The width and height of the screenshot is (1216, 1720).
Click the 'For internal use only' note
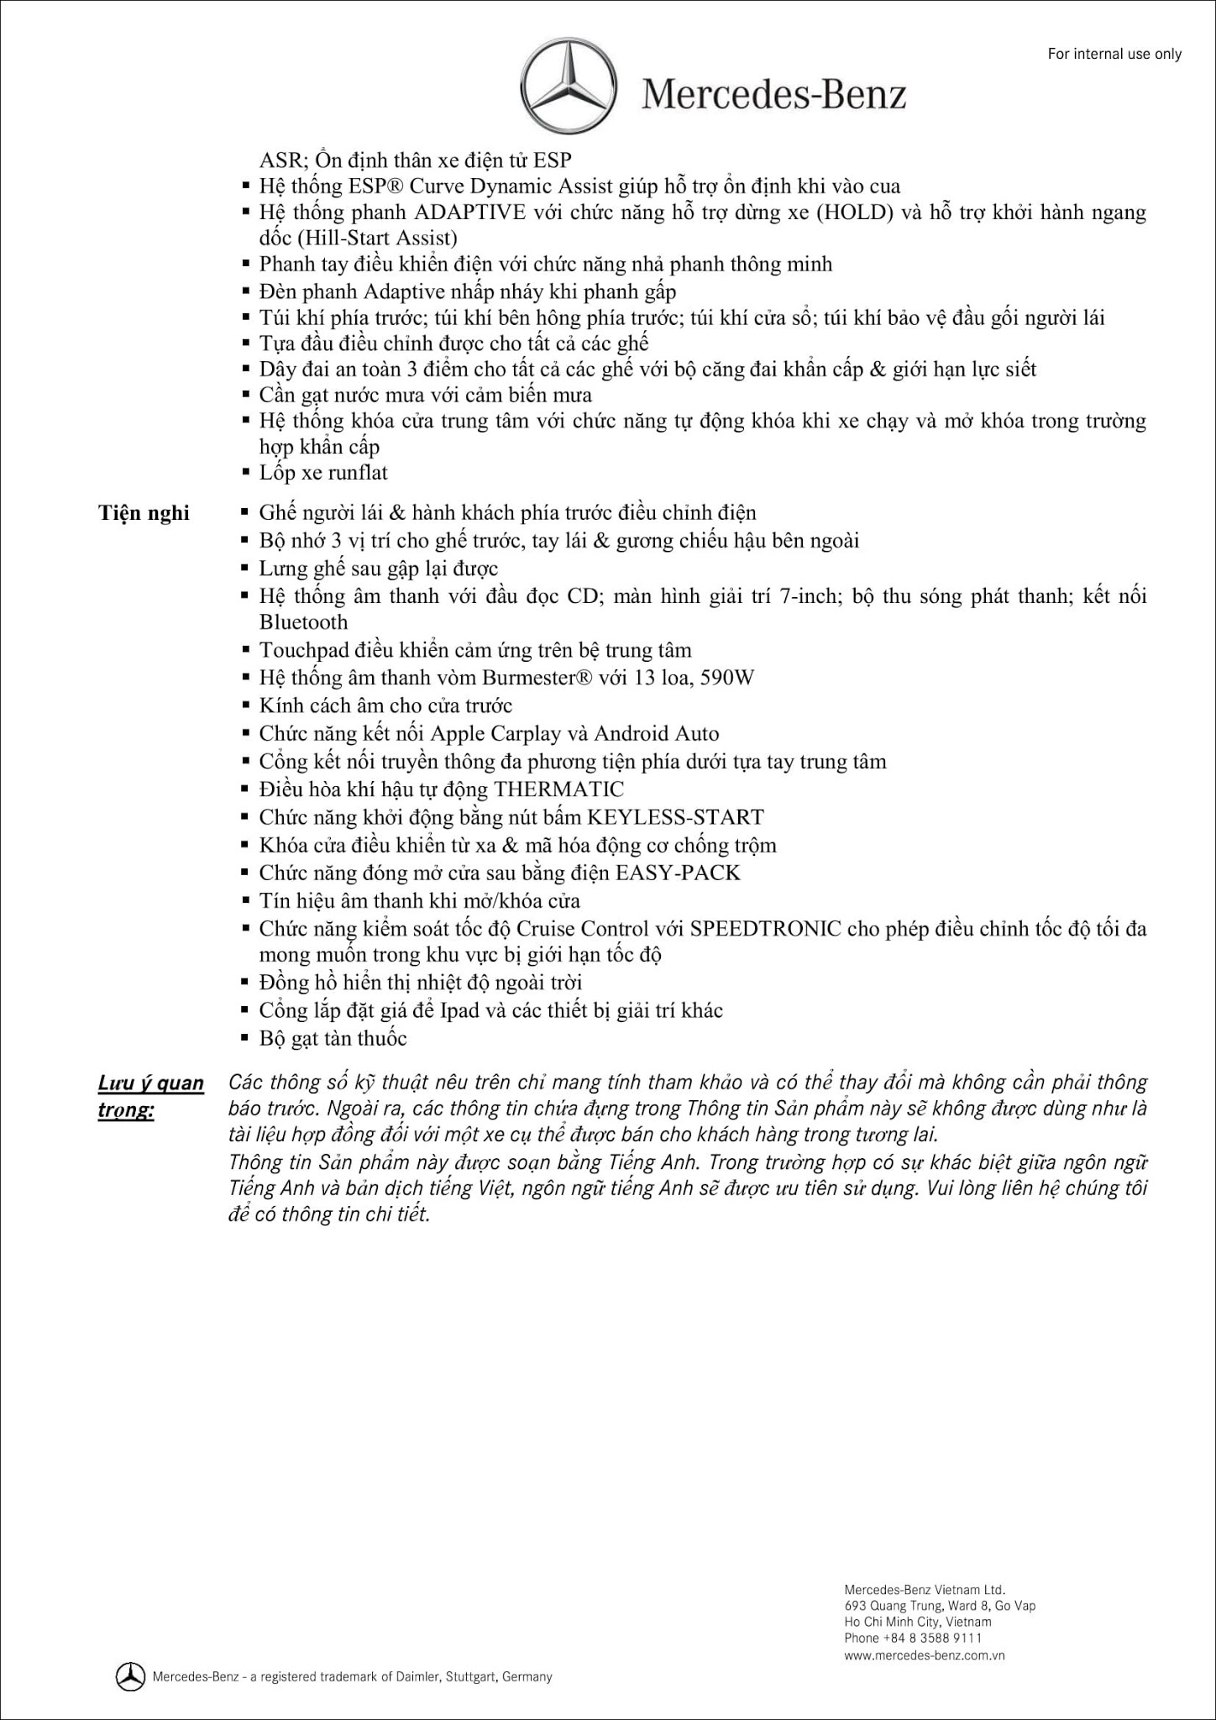(x=1114, y=55)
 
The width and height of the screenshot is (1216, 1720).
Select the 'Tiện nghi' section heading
(x=144, y=513)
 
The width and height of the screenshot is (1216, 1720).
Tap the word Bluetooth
(x=303, y=622)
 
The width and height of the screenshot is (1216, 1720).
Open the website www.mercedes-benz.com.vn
(x=925, y=1655)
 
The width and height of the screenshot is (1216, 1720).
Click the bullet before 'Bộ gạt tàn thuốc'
(x=245, y=1039)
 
